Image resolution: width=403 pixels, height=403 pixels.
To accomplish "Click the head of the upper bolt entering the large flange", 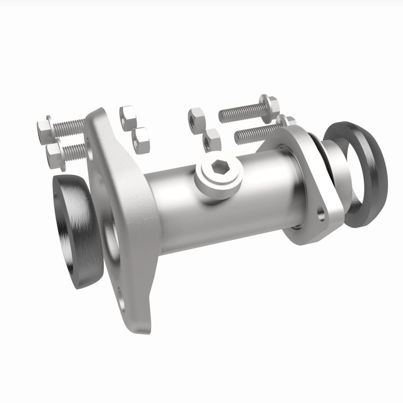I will (44, 128).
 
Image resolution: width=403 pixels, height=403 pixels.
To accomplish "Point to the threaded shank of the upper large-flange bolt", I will (70, 126).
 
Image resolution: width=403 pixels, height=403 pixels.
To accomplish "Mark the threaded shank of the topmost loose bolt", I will (239, 113).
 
